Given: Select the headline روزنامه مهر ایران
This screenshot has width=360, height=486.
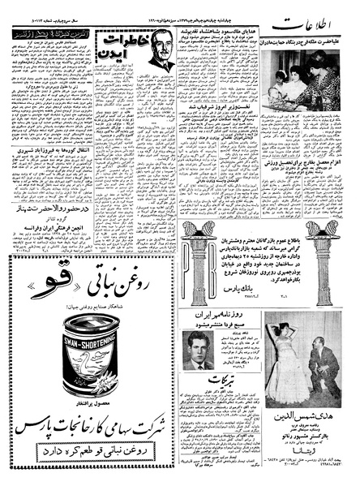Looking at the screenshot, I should [225, 313].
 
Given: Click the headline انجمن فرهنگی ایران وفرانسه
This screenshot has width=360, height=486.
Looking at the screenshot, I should [54, 229].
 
